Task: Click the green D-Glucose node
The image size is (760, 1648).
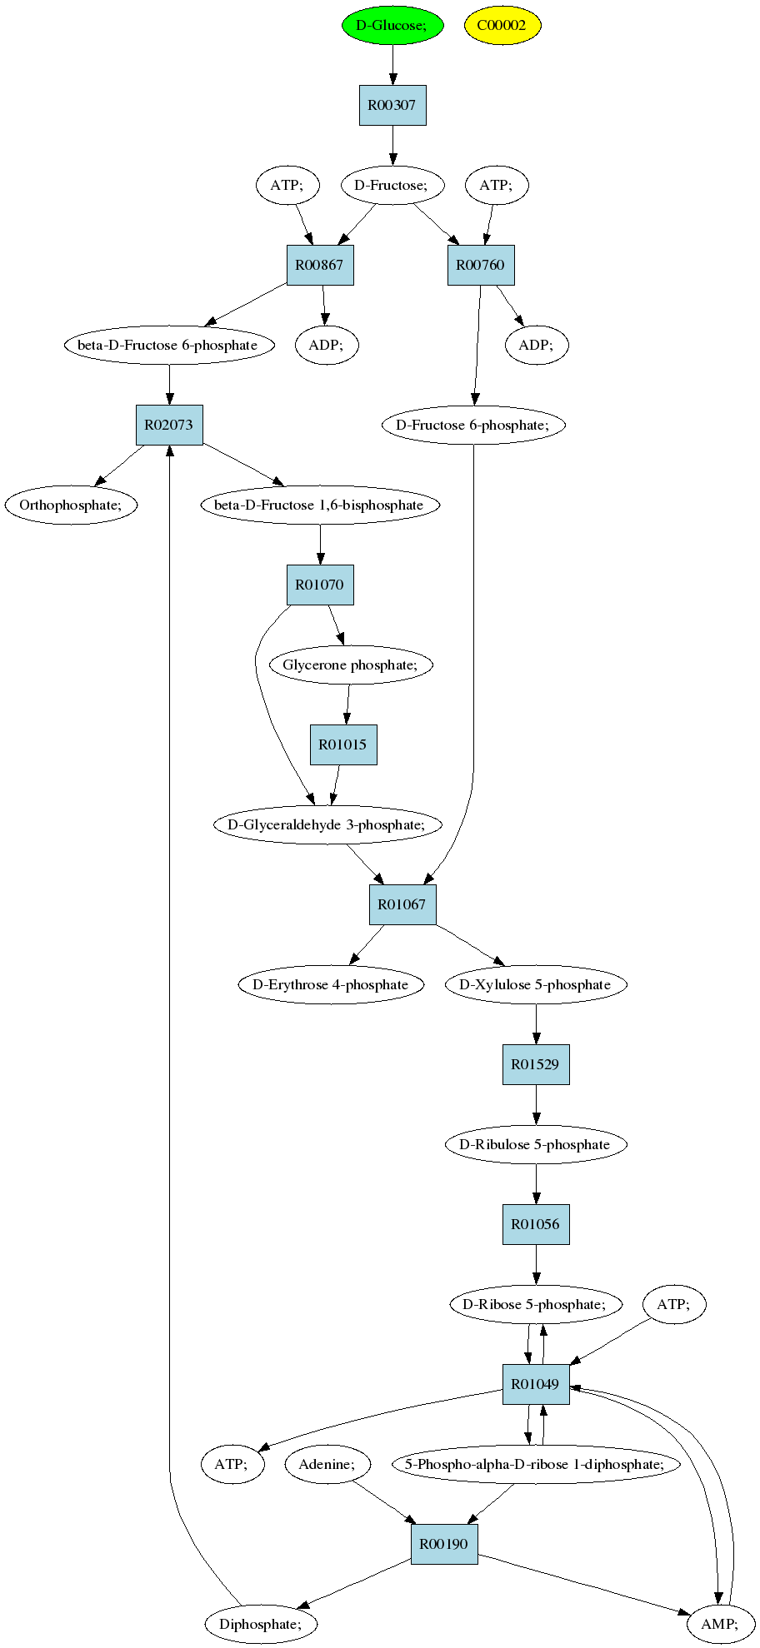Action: click(x=392, y=25)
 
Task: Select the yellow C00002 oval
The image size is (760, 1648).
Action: click(x=502, y=25)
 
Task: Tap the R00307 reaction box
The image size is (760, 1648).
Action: click(x=392, y=105)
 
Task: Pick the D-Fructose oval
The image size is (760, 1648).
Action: click(x=391, y=185)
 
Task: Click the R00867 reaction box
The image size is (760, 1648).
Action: click(x=320, y=265)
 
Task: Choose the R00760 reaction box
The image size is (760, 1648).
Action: click(x=481, y=265)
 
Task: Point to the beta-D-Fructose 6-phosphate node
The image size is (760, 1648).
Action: click(x=169, y=345)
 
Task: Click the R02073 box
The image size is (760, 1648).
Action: click(x=169, y=425)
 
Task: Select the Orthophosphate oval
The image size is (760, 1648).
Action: click(x=72, y=505)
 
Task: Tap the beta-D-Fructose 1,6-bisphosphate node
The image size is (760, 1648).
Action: click(x=320, y=505)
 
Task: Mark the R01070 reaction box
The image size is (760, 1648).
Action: click(x=320, y=585)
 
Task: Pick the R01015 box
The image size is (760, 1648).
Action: click(x=343, y=744)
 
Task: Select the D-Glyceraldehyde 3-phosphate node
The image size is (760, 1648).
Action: click(x=327, y=824)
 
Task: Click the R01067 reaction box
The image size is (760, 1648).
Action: click(x=402, y=904)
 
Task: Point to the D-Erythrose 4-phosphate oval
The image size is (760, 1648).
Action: click(x=331, y=984)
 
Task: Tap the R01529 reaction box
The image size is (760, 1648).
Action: click(x=536, y=1064)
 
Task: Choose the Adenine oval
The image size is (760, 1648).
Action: click(x=327, y=1464)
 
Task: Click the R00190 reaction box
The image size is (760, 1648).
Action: click(x=444, y=1544)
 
